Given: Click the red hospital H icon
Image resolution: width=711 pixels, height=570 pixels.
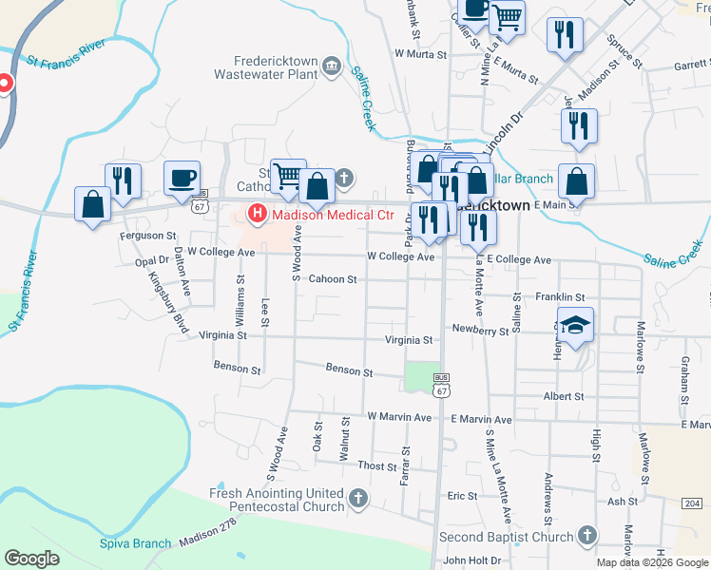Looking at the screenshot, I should (256, 214).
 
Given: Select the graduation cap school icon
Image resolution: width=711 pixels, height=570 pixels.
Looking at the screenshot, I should (575, 325).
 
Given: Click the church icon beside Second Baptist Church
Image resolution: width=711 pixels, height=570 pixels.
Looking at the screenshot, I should (587, 537).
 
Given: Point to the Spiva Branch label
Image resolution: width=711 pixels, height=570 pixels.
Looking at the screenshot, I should (135, 544).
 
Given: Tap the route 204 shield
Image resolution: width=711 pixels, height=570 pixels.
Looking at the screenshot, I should (695, 503).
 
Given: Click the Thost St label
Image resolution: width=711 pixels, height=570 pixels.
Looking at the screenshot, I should (377, 466).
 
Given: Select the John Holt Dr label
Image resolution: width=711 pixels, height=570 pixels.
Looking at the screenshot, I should (471, 560).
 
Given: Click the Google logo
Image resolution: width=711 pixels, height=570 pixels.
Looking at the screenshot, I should (31, 559).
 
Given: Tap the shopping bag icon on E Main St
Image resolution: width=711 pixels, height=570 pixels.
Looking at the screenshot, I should (576, 182).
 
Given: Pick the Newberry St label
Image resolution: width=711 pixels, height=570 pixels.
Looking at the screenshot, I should (480, 331).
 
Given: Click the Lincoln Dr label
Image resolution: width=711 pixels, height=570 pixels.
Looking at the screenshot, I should (504, 129).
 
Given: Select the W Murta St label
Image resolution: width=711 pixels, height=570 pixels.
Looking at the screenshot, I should (419, 55).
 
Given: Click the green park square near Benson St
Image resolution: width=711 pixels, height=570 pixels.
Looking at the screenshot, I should (422, 376).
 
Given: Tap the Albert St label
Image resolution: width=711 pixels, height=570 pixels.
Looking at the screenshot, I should (563, 396).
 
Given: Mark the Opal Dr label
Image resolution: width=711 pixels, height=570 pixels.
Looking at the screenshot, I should (151, 260).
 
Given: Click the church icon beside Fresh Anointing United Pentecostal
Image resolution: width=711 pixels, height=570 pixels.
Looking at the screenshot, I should (358, 498).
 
